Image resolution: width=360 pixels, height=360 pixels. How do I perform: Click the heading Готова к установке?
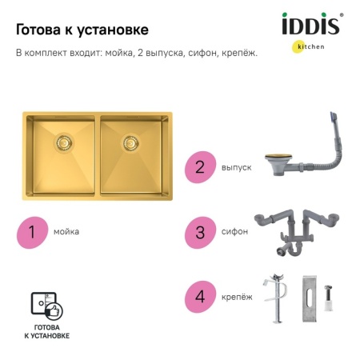(82, 30)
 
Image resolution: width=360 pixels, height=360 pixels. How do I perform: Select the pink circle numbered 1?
(32, 232)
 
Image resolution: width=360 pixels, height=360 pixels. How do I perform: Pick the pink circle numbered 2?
(200, 168)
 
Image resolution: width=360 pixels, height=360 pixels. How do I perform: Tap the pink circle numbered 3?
(200, 232)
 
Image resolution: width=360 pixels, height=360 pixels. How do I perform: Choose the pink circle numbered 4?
(200, 294)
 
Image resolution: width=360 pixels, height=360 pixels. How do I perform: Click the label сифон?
(234, 232)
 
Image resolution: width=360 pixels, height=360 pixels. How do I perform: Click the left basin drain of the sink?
(61, 144)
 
